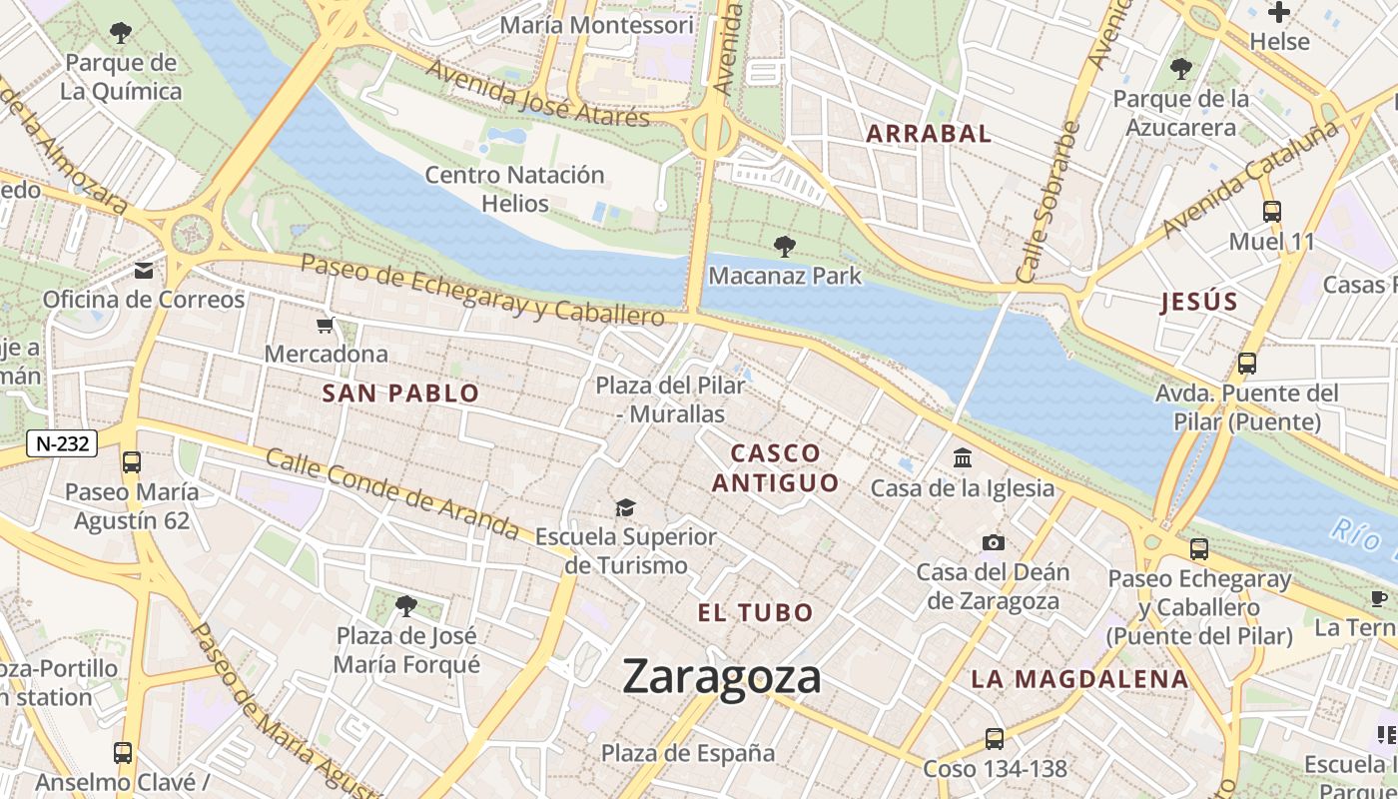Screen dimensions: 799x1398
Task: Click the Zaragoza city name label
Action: [x=721, y=677]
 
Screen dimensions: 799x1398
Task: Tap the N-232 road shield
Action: [x=61, y=444]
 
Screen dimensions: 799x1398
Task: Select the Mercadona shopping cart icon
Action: [x=325, y=326]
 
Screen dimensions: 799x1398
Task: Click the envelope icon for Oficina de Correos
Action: [x=144, y=271]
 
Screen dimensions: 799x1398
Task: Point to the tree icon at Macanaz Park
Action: [x=785, y=246]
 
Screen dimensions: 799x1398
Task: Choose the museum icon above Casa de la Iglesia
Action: [x=963, y=458]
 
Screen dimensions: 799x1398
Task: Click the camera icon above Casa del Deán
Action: [x=993, y=542]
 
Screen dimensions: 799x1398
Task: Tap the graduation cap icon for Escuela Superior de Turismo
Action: [x=625, y=507]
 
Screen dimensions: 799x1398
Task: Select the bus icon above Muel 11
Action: [x=1271, y=212]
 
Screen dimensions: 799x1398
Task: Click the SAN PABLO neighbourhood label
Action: [x=401, y=394]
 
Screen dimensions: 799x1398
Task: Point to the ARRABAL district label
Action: [x=929, y=134]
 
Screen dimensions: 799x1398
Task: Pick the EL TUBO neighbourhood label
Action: [x=756, y=613]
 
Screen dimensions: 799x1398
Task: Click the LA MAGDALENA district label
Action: [x=1079, y=680]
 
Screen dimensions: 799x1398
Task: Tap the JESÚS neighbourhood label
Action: [x=1198, y=303]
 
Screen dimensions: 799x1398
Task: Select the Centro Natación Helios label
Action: [x=514, y=189]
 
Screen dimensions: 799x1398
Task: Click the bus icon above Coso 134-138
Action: [x=994, y=739]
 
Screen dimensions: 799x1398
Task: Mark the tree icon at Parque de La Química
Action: [x=121, y=33]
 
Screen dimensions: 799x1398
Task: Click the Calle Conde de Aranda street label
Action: [x=392, y=493]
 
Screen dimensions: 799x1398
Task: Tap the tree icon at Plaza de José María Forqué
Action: [x=405, y=605]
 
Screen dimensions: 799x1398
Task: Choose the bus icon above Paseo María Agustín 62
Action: [x=131, y=462]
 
